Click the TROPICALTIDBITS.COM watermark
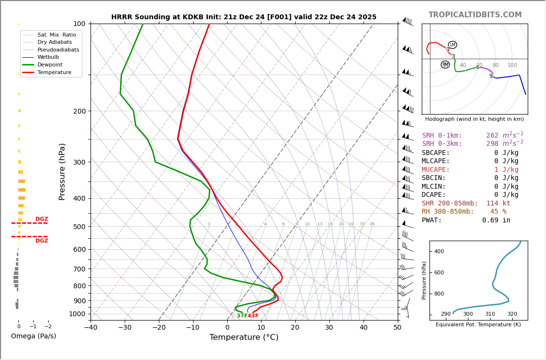point(475,15)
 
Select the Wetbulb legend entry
point(48,57)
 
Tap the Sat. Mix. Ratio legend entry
point(56,35)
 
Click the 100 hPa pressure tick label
point(79,24)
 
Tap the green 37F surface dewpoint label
point(242,316)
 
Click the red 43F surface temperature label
point(253,316)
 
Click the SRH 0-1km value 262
point(492,136)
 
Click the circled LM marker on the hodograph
point(453,45)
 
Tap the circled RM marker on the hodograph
point(445,64)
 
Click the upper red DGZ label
point(42,219)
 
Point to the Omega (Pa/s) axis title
point(34,336)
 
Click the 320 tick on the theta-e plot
point(512,314)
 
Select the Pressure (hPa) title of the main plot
point(62,171)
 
